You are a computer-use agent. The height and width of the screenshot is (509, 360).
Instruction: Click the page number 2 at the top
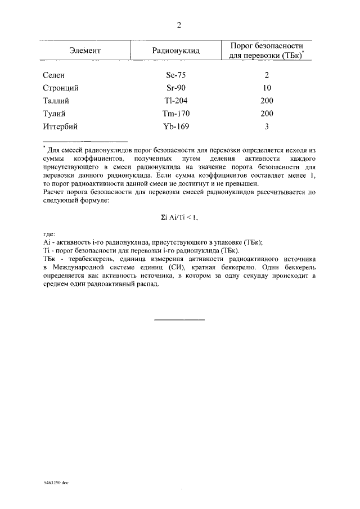[x=179, y=25]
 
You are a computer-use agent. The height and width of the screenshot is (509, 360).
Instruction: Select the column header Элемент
[x=85, y=51]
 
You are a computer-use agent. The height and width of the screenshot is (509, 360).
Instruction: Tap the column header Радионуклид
[x=176, y=51]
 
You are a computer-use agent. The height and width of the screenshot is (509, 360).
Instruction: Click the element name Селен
[x=54, y=75]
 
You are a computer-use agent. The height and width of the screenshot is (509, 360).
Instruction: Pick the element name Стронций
[x=60, y=88]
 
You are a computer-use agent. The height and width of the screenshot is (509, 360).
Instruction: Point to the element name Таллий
[x=57, y=101]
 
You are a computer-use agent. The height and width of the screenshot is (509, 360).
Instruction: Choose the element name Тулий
[x=55, y=114]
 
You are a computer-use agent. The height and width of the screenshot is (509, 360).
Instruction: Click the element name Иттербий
[x=60, y=127]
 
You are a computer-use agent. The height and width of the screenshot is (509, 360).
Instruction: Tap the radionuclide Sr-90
[x=176, y=88]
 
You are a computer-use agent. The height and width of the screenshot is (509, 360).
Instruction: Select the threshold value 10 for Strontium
[x=267, y=88]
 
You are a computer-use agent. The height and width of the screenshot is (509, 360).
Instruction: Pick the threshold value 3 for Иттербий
[x=267, y=127]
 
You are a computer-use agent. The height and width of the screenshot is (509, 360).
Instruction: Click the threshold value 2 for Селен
[x=267, y=75]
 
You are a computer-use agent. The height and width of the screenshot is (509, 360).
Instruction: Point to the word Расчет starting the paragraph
[x=55, y=192]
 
